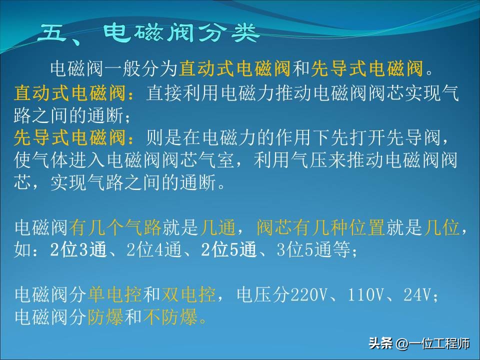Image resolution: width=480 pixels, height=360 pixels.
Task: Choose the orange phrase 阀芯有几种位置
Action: click(320, 228)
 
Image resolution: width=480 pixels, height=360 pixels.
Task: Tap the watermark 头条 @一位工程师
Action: click(419, 344)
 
